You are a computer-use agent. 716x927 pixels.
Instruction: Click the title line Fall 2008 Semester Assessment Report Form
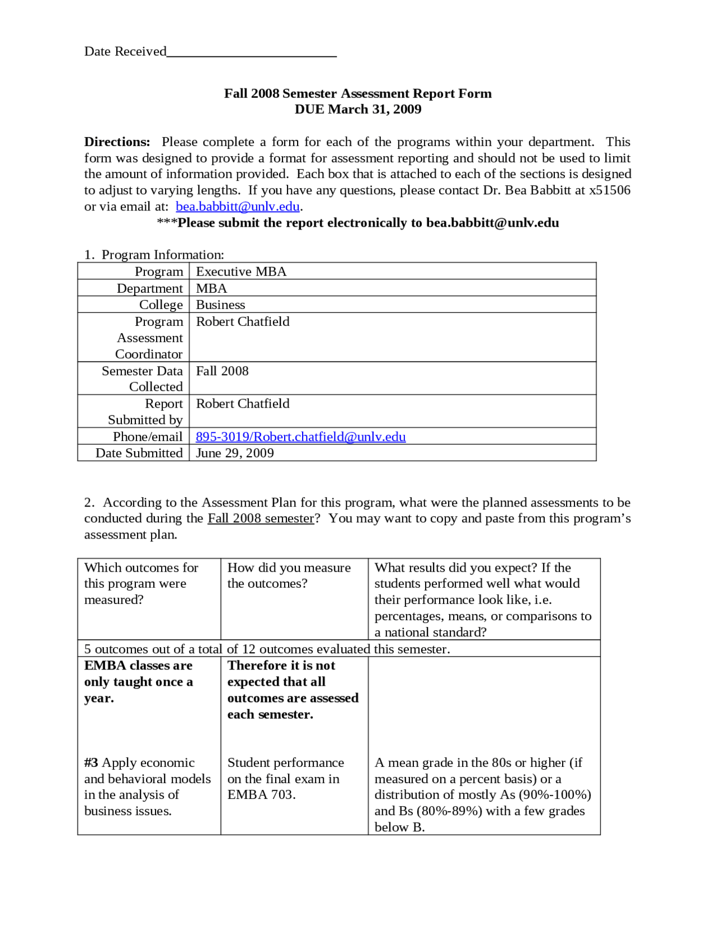point(357,93)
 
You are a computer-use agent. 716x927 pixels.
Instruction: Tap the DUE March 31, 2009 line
point(357,109)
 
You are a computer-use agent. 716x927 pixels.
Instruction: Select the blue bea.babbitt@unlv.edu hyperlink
point(238,207)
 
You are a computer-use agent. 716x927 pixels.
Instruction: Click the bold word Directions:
point(117,142)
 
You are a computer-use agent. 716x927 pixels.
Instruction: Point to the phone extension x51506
point(609,190)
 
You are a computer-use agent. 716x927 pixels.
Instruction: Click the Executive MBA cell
point(241,271)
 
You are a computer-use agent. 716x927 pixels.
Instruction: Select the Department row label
point(149,288)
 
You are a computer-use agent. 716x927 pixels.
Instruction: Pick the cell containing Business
point(220,305)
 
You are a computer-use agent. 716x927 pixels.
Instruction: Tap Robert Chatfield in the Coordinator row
point(243,321)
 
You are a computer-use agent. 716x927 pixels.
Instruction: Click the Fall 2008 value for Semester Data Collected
point(222,371)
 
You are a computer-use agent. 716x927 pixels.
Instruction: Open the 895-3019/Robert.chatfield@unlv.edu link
point(300,437)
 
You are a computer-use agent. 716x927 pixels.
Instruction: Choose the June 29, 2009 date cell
point(235,453)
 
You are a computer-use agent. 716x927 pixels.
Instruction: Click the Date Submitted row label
point(139,453)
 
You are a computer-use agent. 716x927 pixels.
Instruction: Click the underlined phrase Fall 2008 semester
point(261,518)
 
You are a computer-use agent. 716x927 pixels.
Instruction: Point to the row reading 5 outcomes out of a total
point(267,649)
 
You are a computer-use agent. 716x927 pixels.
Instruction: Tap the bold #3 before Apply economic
point(91,762)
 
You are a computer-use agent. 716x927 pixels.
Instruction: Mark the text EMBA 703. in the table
point(261,794)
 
